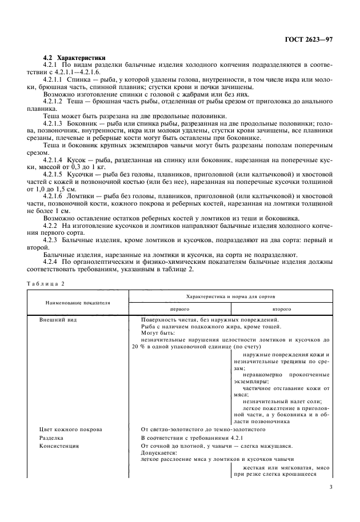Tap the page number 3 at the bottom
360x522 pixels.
[x=331, y=487]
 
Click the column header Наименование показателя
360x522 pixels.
[x=78, y=302]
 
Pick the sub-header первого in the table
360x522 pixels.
[x=179, y=308]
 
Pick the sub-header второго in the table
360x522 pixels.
[x=282, y=308]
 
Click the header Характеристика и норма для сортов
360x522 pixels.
[x=231, y=297]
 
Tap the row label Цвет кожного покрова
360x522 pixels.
[x=70, y=428]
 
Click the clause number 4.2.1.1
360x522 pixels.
[x=54, y=80]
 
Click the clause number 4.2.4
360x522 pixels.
[x=52, y=261]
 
